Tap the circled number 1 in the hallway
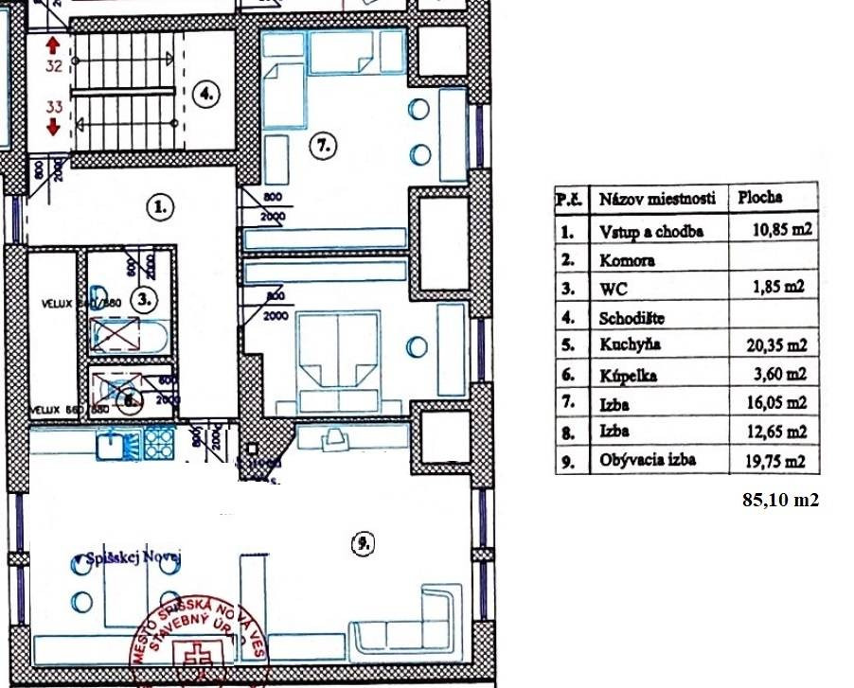pos(161,206)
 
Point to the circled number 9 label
pos(362,543)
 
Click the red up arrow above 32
pos(53,44)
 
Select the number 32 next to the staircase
pos(54,66)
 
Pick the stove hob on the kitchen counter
pos(157,441)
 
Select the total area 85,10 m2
pos(780,501)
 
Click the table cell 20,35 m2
pos(774,345)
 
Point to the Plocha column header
pos(759,197)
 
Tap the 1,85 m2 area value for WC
pos(774,288)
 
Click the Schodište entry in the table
pos(632,317)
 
